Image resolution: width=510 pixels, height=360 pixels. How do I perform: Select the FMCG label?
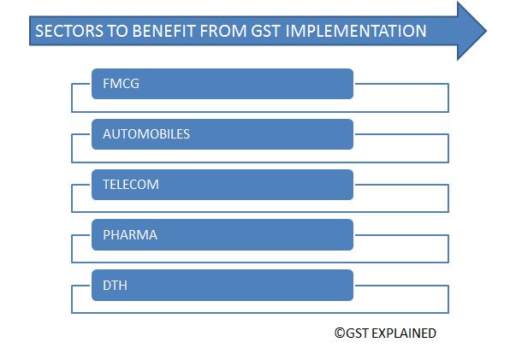[x=121, y=84]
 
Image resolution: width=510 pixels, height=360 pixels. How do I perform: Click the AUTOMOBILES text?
[x=145, y=134]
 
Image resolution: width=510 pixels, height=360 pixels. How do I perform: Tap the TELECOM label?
[x=130, y=185]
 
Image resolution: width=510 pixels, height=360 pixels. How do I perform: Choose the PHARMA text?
[x=129, y=234]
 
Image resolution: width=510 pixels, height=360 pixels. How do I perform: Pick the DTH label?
[x=115, y=286]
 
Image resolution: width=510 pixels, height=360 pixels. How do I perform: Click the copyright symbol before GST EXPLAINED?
[x=339, y=333]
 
